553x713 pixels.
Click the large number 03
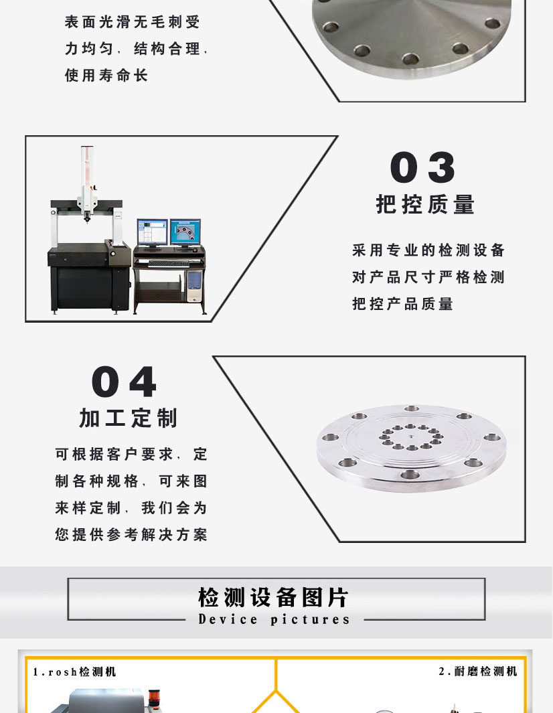tap(423, 167)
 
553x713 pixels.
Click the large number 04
tap(125, 382)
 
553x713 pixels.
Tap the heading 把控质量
tap(425, 204)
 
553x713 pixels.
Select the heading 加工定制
tap(129, 418)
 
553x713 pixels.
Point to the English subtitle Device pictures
tap(274, 619)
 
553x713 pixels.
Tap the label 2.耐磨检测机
tap(477, 671)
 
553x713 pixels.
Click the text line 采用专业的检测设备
tap(428, 250)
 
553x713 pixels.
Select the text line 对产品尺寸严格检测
tap(428, 277)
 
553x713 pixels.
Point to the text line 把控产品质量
tap(403, 304)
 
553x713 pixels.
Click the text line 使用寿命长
tap(106, 76)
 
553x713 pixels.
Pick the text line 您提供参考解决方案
tap(131, 535)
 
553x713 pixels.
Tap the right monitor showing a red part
tap(185, 233)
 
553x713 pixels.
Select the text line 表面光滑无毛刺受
tap(132, 23)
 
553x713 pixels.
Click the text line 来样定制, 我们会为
tap(131, 508)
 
